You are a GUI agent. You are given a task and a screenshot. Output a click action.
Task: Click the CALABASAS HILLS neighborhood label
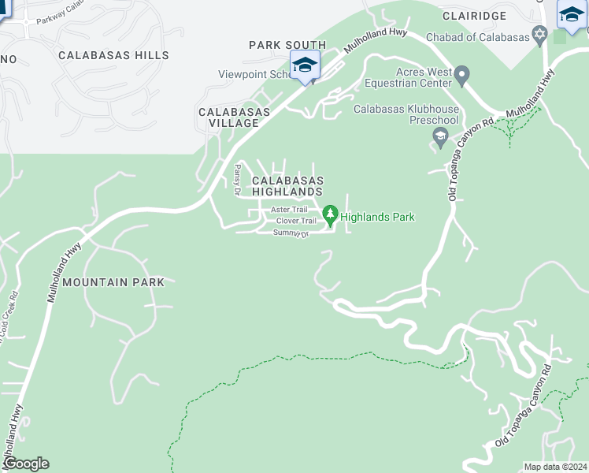[113, 55]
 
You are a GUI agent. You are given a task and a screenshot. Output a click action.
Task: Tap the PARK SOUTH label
[287, 45]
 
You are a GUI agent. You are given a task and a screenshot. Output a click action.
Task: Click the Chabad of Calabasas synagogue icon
[539, 37]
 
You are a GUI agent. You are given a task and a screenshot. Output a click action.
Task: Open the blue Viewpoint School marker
[304, 65]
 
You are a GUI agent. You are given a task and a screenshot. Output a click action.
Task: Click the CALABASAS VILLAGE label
[234, 117]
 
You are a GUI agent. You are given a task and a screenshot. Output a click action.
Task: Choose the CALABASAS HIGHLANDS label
[287, 186]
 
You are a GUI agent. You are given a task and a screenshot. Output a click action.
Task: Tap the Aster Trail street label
[289, 210]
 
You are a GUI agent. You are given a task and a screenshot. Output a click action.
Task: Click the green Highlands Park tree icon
[331, 214]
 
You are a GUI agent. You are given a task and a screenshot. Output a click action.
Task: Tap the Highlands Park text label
[377, 217]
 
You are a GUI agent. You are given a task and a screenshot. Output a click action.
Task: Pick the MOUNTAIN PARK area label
[113, 281]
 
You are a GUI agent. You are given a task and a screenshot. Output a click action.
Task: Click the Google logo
[25, 464]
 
